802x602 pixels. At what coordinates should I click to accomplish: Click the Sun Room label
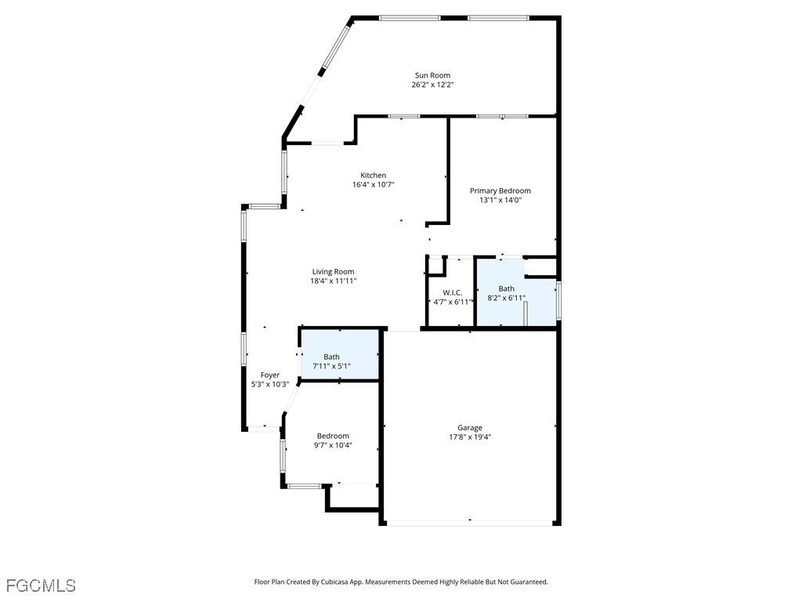click(x=432, y=75)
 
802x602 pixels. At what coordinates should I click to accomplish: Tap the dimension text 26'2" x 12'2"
click(x=432, y=85)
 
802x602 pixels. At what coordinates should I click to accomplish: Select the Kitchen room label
click(x=373, y=175)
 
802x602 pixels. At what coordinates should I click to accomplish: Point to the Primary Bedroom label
click(x=500, y=190)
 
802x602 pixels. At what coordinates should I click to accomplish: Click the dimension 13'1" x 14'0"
click(x=500, y=200)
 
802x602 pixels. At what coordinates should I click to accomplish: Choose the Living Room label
click(x=334, y=271)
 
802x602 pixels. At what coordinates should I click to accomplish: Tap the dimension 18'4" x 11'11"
click(x=334, y=281)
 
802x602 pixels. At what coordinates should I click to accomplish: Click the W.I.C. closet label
click(x=452, y=292)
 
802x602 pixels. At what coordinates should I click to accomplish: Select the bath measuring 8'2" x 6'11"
click(x=507, y=293)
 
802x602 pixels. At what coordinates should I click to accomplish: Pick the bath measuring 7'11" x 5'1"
click(x=331, y=361)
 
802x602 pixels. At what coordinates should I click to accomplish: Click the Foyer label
click(x=269, y=375)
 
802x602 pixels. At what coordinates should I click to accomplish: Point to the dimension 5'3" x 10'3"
click(x=269, y=384)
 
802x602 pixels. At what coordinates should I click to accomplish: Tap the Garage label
click(x=470, y=427)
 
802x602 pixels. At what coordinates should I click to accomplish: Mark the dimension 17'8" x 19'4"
click(x=470, y=437)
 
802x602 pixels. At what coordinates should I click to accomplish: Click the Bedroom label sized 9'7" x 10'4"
click(x=333, y=436)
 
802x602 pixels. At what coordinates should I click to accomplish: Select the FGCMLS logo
click(x=41, y=586)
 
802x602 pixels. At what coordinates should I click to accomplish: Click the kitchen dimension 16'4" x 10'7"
click(x=373, y=185)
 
